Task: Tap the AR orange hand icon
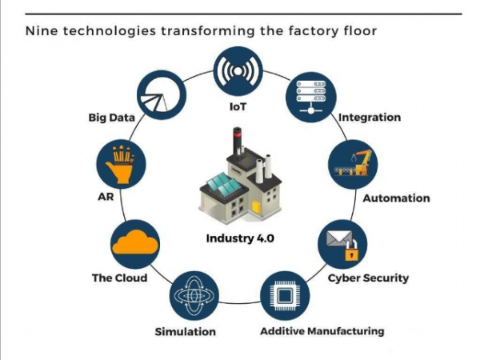click(120, 164)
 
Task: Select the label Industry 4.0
click(240, 238)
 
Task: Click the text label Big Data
click(110, 118)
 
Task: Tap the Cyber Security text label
click(368, 278)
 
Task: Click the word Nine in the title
click(42, 31)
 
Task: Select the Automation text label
click(397, 198)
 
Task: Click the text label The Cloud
click(119, 278)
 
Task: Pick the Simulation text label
click(185, 331)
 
